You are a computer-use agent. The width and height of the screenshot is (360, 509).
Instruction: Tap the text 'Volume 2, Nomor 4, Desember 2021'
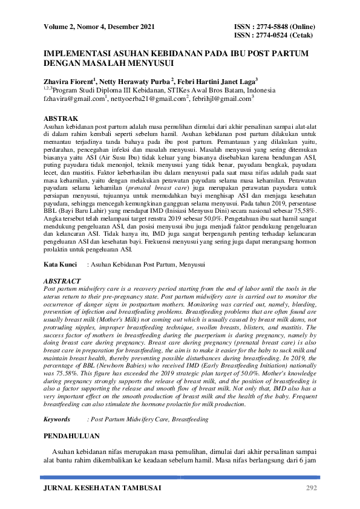point(99,27)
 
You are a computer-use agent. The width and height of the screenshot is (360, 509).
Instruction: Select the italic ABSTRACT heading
point(62,282)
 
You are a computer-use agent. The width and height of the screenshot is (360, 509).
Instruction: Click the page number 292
point(311,488)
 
